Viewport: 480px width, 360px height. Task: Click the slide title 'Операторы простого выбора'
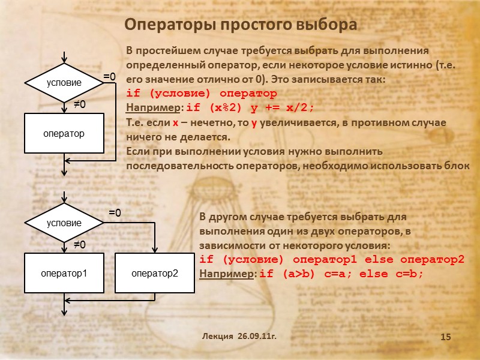click(240, 25)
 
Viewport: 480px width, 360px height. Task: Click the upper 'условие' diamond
click(64, 83)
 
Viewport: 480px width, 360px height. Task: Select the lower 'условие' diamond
click(64, 223)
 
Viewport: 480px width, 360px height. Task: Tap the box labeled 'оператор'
click(63, 133)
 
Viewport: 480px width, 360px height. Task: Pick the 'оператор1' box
click(64, 273)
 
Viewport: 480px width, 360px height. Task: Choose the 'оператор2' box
click(155, 273)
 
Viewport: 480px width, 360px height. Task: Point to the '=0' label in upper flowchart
click(109, 77)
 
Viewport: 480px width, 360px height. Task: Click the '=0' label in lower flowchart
click(115, 213)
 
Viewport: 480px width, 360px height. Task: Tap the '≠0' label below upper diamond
click(80, 104)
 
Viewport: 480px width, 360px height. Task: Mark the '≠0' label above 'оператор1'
click(80, 245)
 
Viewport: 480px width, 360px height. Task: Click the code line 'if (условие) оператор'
click(202, 94)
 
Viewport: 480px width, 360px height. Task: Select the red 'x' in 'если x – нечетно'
click(176, 122)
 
